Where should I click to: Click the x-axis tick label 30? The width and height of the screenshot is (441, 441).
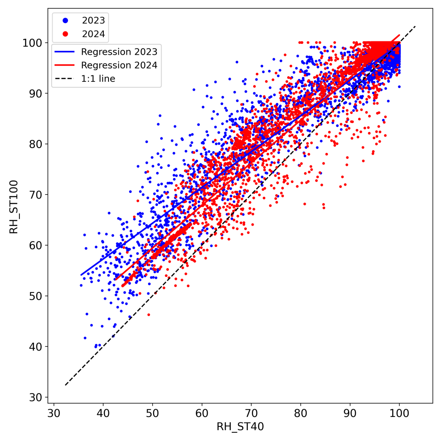click(54, 414)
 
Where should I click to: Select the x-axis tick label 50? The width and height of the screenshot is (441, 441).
click(152, 414)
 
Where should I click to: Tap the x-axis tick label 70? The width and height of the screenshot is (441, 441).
click(251, 414)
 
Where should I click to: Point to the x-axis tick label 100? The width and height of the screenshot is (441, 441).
click(399, 414)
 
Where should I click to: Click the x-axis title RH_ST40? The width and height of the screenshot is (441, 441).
click(239, 427)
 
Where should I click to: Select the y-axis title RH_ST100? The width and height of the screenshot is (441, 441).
click(14, 207)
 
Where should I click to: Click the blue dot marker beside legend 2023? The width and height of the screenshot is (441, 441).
click(65, 19)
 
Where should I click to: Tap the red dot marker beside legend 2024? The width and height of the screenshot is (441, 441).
click(65, 34)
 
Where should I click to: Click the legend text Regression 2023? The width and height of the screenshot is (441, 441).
click(119, 52)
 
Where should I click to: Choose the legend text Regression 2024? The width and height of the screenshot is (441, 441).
click(119, 65)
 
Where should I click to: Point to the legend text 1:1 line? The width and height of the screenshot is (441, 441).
click(98, 79)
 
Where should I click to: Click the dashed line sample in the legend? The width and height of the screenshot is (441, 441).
click(65, 79)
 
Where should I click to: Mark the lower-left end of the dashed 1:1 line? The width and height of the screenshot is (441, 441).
click(65, 385)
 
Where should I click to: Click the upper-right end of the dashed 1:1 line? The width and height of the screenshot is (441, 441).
click(416, 27)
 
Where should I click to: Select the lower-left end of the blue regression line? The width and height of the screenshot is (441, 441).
click(81, 275)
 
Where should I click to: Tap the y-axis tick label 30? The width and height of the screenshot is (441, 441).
click(39, 397)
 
